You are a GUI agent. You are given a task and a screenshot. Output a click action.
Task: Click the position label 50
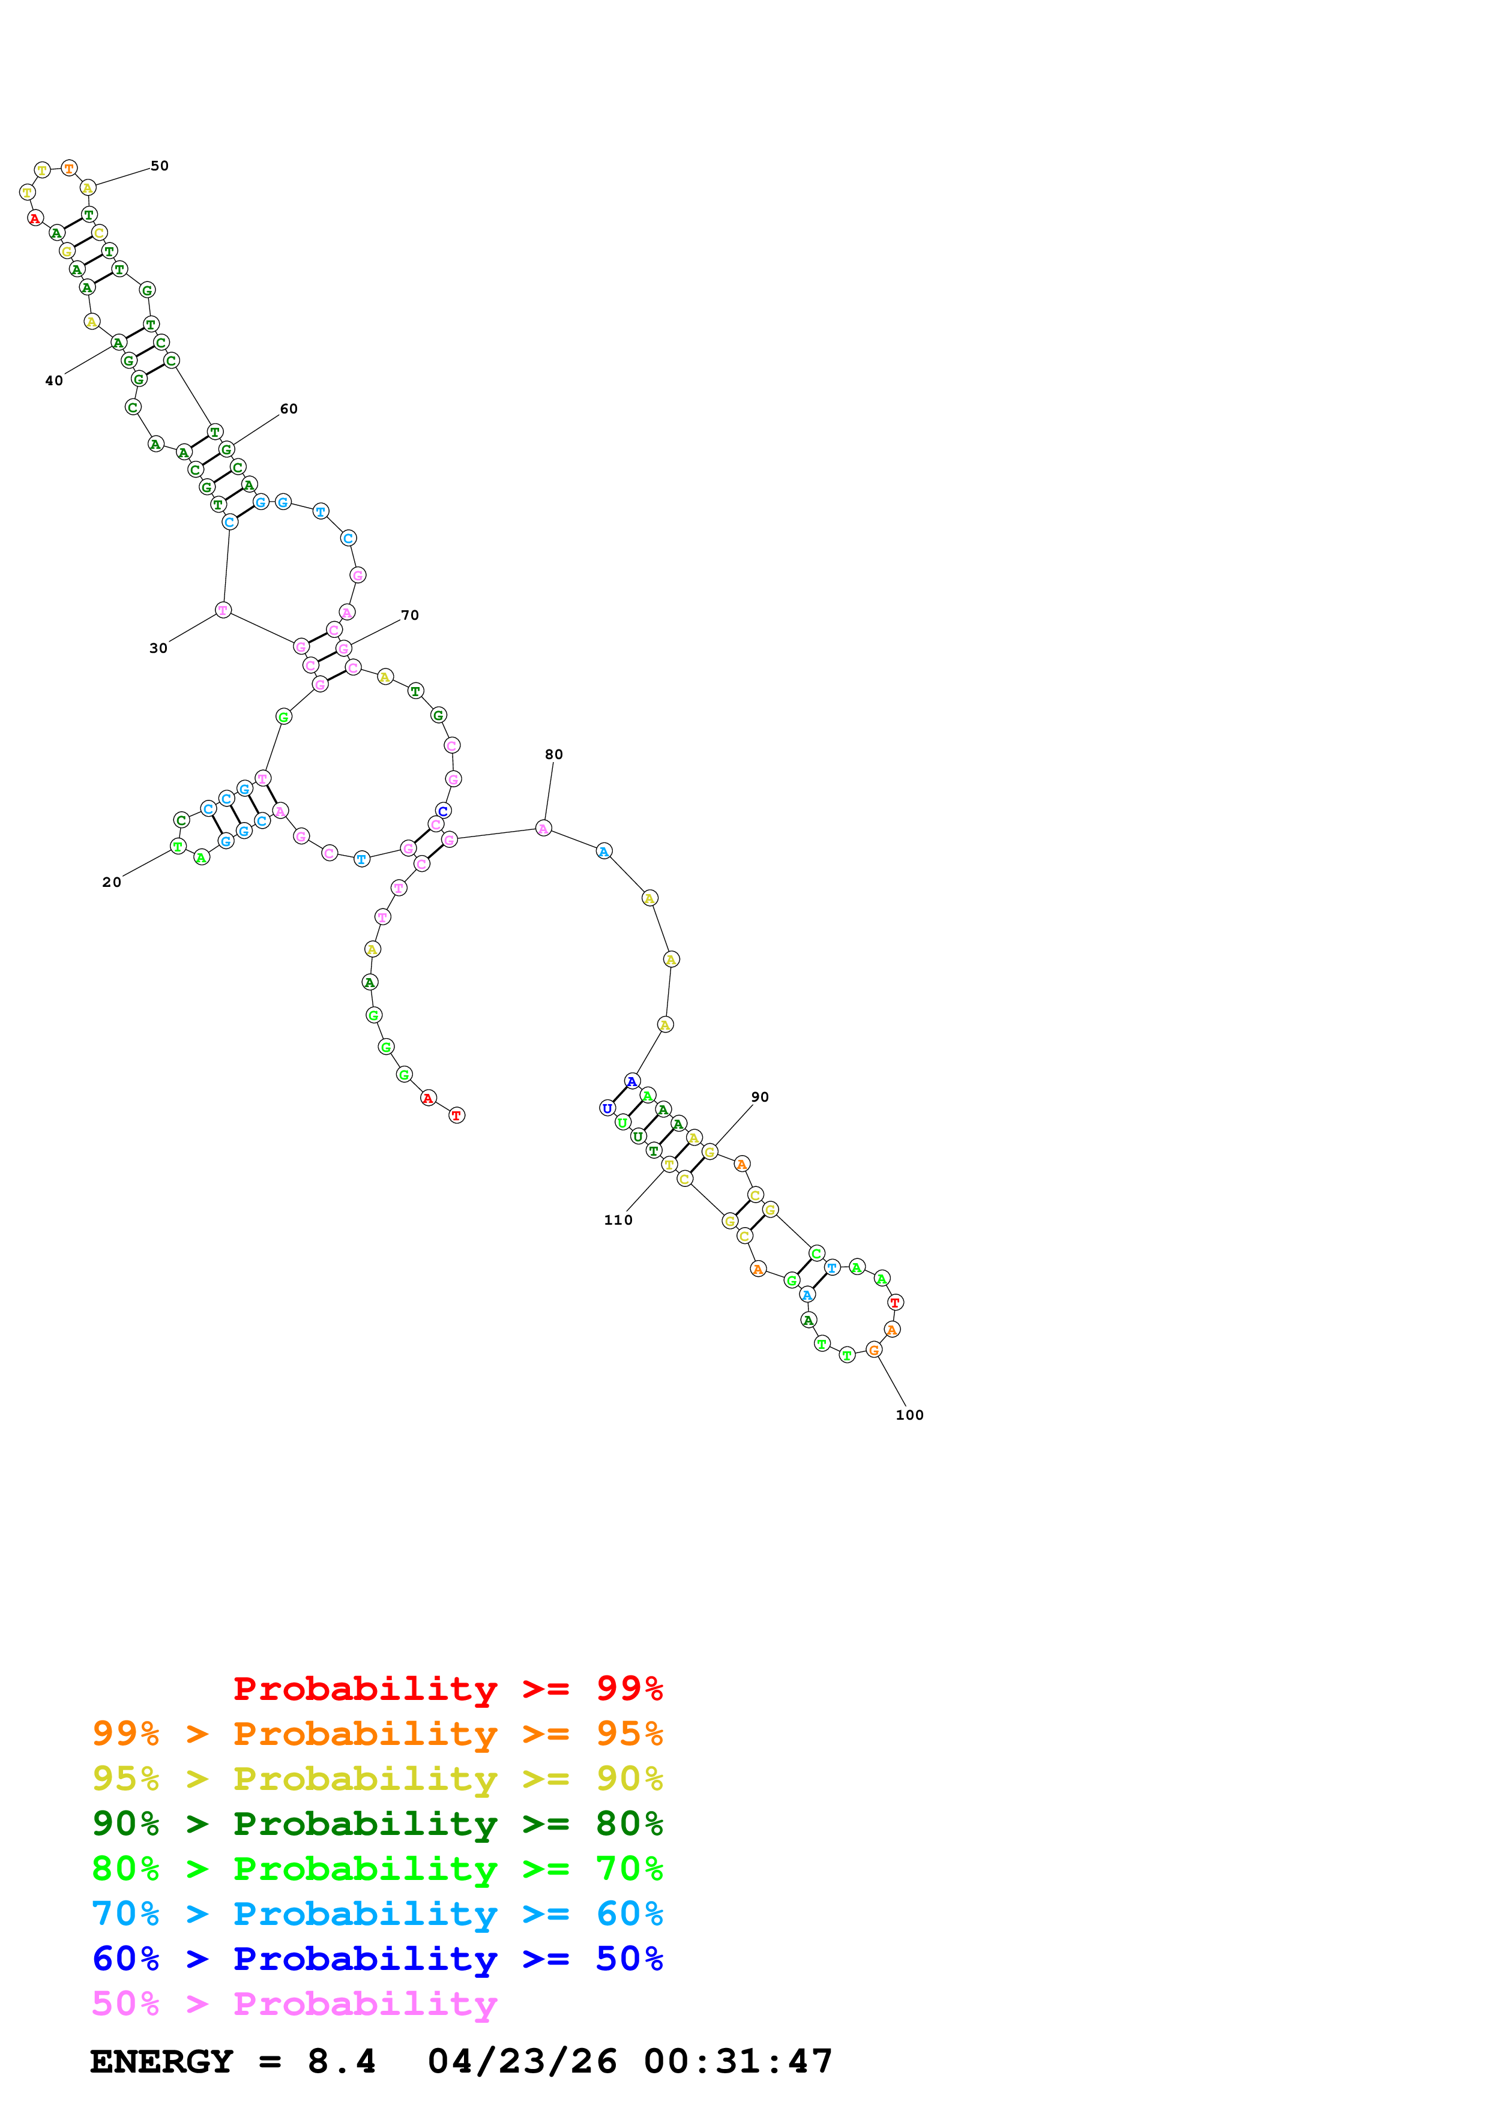[160, 166]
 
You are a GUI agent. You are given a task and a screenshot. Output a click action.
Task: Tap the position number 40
[54, 380]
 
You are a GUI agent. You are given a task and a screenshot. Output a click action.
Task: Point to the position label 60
[289, 409]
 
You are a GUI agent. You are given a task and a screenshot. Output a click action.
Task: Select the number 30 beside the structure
[158, 648]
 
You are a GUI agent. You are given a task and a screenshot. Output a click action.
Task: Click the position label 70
[410, 615]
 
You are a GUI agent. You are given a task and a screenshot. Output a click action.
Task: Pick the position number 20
[112, 882]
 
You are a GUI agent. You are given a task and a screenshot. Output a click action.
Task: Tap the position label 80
[554, 754]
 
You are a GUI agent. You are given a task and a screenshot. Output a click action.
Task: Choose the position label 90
[760, 1096]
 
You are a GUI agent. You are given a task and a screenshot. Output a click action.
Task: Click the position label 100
[909, 1415]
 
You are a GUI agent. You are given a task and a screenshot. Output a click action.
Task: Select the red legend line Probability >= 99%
[447, 1688]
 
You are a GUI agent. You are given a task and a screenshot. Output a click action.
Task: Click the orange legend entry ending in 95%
[377, 1733]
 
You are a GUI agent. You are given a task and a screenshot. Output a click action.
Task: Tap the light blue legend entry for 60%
[377, 1914]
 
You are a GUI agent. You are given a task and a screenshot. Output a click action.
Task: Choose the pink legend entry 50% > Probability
[294, 2003]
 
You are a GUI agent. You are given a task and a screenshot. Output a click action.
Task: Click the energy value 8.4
[341, 2061]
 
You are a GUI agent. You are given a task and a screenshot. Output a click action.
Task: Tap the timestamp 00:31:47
[738, 2061]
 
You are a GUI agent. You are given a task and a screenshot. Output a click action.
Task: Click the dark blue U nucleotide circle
[607, 1108]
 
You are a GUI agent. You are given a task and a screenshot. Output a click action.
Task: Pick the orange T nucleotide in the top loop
[69, 169]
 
